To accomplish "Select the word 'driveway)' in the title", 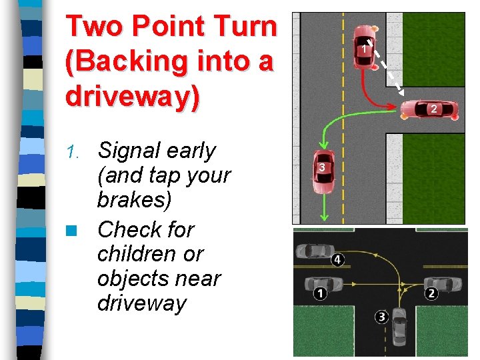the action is point(133,96).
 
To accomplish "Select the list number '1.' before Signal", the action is point(76,153).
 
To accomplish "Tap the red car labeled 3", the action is point(323,173).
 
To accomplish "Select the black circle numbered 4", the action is point(338,259).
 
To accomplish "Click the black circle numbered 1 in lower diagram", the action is point(320,293).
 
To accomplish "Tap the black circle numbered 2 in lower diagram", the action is point(431,293).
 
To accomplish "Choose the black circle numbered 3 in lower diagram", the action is point(381,317).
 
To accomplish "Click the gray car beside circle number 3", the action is point(399,326).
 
